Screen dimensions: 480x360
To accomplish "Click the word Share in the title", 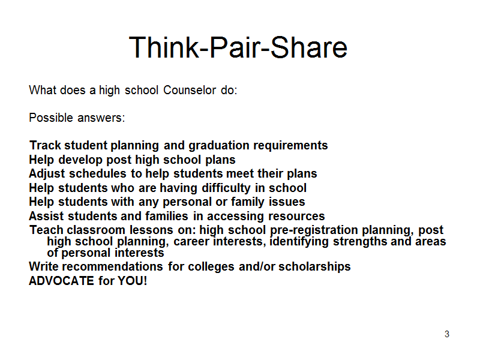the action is [x=309, y=47].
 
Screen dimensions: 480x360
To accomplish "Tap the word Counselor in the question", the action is [x=190, y=91].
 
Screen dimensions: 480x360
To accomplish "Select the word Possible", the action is [x=51, y=118].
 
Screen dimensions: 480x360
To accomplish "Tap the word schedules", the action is [x=98, y=173].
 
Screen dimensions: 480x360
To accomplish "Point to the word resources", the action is [x=296, y=217].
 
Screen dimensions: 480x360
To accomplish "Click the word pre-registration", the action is [x=314, y=230].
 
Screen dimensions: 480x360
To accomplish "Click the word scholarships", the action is [x=314, y=267].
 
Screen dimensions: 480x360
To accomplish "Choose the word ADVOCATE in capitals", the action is [x=62, y=281].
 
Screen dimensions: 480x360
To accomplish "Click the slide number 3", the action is [x=447, y=334].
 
